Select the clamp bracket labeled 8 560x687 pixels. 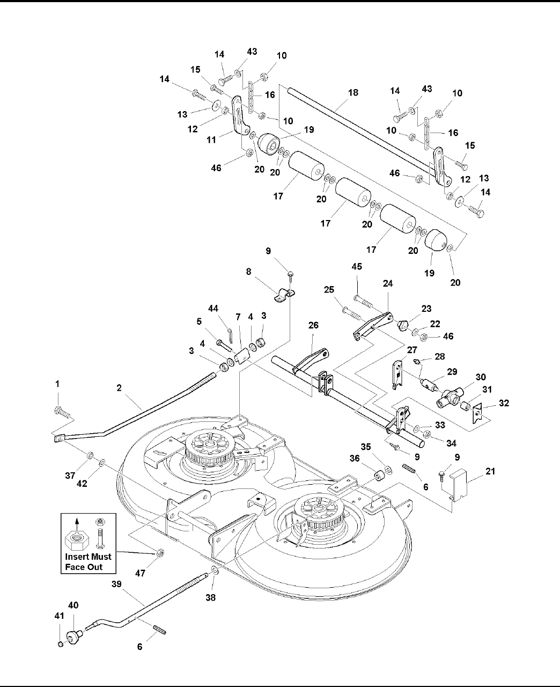pyautogui.click(x=284, y=295)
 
